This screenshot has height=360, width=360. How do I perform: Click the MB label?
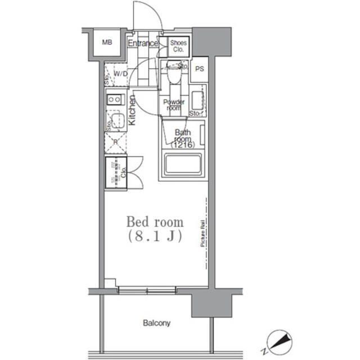106,42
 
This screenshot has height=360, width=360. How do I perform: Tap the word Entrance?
142,43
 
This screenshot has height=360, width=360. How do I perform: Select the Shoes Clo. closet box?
178,46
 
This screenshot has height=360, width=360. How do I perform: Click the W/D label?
120,74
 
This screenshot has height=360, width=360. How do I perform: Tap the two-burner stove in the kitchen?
115,100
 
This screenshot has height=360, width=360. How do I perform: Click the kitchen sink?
117,120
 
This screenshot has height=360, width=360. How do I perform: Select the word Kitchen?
133,110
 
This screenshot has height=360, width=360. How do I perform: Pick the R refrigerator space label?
115,142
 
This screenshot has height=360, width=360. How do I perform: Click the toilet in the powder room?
174,74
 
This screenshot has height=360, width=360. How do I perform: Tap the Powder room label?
173,105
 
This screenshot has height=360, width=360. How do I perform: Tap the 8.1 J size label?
154,236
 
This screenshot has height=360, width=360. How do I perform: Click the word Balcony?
156,323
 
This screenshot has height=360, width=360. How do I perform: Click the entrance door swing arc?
151,12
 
